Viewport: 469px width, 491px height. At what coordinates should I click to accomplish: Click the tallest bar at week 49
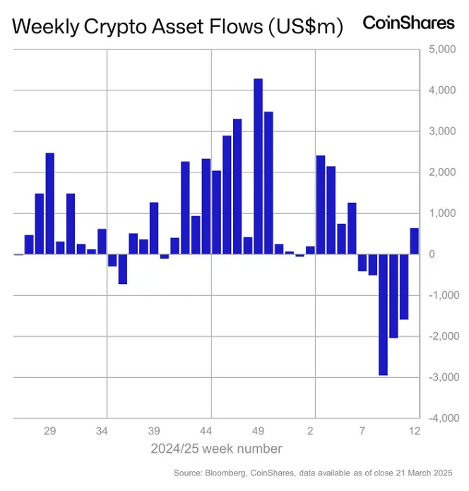tap(258, 166)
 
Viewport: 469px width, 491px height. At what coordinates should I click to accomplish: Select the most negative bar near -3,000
tap(383, 314)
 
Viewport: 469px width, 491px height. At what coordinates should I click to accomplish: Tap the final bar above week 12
tap(415, 241)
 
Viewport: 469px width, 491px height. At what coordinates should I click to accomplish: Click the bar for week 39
tap(154, 228)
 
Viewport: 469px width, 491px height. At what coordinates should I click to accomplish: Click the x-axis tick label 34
tap(102, 430)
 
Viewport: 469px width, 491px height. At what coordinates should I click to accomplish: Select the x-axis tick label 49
tap(258, 430)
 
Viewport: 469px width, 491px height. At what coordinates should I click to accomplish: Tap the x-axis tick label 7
tap(362, 430)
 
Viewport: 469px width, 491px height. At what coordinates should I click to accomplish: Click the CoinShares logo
tap(408, 23)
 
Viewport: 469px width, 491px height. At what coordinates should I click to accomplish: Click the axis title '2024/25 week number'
tap(216, 449)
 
